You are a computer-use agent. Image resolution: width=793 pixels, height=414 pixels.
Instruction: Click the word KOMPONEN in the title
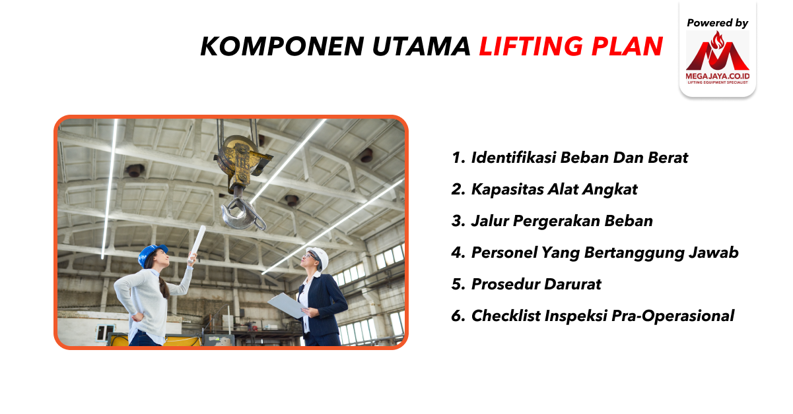pos(282,46)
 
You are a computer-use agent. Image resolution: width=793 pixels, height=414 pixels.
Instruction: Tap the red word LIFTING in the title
pos(531,46)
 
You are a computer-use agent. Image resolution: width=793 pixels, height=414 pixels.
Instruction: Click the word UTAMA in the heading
pos(421,46)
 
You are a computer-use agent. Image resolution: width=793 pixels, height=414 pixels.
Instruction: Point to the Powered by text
pos(717,23)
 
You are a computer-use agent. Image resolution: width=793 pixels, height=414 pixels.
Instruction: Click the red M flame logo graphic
pos(718,51)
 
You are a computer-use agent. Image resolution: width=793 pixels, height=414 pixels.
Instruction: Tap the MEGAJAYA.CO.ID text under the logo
pos(718,76)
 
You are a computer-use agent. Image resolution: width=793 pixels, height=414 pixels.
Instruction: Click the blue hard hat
pos(151,254)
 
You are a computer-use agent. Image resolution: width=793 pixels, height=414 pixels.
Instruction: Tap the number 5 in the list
pos(458,284)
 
